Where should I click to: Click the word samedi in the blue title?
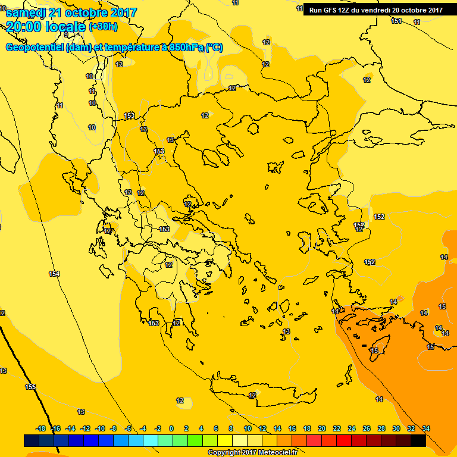click(27, 12)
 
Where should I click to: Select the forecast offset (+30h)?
click(103, 27)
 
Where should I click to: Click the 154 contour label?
click(54, 274)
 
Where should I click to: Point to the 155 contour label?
click(30, 387)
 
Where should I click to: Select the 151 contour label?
click(396, 21)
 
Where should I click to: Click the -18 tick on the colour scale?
click(41, 428)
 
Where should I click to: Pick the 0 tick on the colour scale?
click(171, 428)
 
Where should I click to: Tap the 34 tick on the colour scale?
click(426, 428)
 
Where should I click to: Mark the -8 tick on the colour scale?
click(113, 428)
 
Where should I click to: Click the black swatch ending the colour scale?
click(418, 440)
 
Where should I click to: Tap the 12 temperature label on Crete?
click(252, 395)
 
